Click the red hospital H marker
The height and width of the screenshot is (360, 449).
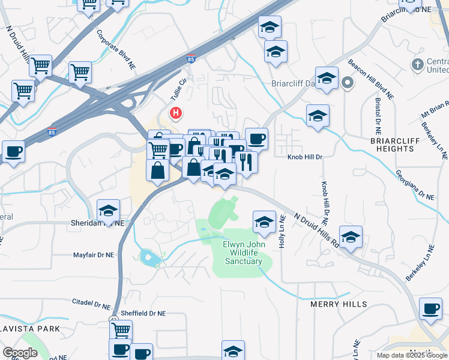[x=176, y=112]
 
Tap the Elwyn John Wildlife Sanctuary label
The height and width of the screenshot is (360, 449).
[x=243, y=253]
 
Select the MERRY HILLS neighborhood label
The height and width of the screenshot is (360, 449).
[x=339, y=304]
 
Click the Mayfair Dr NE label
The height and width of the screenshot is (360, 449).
[x=93, y=255]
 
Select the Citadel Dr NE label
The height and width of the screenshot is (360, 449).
[x=91, y=301]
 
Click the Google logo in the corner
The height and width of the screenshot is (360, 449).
[x=20, y=353]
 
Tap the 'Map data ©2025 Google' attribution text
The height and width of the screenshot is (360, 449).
[x=412, y=355]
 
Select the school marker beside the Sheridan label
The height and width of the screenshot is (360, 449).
[x=108, y=211]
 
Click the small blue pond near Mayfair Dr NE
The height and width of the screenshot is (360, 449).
[x=149, y=259]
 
